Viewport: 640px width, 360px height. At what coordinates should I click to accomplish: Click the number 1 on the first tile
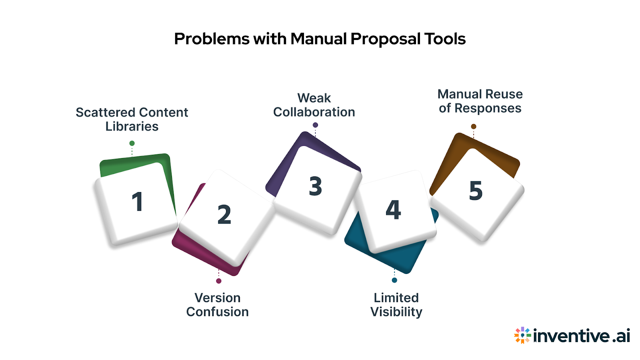137,202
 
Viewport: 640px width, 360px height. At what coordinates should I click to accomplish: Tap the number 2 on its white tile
224,214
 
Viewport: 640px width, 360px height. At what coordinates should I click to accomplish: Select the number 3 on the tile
315,186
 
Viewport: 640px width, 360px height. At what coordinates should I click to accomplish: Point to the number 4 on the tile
393,210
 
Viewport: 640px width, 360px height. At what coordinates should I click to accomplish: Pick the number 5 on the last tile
476,190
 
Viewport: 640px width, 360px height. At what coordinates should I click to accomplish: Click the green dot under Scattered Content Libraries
132,143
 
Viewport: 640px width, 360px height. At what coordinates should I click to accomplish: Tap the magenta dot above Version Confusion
219,281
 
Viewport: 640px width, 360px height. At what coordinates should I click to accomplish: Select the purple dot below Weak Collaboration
315,125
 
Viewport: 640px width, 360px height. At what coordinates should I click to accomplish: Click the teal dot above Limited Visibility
394,280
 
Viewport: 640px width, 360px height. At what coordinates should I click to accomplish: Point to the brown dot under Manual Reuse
474,126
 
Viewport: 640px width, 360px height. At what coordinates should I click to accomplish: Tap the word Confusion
217,312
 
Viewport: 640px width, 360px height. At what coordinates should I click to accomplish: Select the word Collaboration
314,112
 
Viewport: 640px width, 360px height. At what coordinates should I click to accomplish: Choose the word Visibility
396,312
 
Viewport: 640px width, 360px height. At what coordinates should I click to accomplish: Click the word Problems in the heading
212,39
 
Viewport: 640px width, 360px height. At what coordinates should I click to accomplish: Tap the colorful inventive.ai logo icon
522,335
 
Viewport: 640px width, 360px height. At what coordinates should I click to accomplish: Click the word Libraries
132,126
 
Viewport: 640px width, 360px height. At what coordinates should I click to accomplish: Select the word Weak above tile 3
314,98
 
